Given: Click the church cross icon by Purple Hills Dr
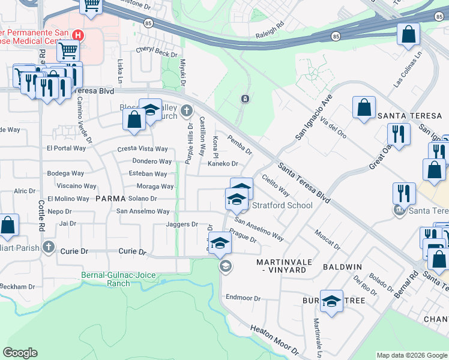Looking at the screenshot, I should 187,110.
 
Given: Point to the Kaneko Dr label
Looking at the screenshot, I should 223,163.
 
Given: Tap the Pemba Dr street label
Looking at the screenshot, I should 240,145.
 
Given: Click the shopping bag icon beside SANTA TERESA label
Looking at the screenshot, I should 364,109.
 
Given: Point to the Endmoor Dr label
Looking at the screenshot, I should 243,298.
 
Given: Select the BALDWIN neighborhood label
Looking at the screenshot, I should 342,266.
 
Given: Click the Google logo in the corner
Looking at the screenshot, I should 20,353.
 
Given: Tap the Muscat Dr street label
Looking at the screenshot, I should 328,238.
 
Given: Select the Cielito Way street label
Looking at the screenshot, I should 276,185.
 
